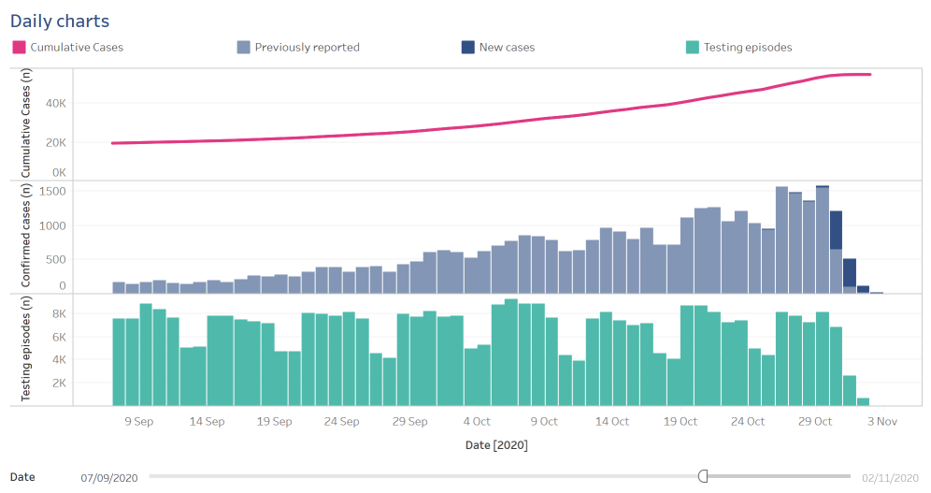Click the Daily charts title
click(x=60, y=21)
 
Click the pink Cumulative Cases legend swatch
click(x=19, y=47)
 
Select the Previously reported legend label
click(x=307, y=47)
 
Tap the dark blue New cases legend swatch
click(x=467, y=47)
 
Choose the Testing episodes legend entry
click(x=747, y=47)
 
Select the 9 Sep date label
click(x=138, y=422)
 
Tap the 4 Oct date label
click(x=477, y=422)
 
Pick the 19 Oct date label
click(x=680, y=422)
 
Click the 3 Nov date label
click(x=883, y=422)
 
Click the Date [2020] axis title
click(x=496, y=445)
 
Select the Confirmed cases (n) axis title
click(x=26, y=237)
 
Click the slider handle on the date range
click(x=703, y=476)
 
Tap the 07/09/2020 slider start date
click(x=109, y=477)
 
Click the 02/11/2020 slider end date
click(x=890, y=477)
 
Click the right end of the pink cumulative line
click(x=870, y=74)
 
